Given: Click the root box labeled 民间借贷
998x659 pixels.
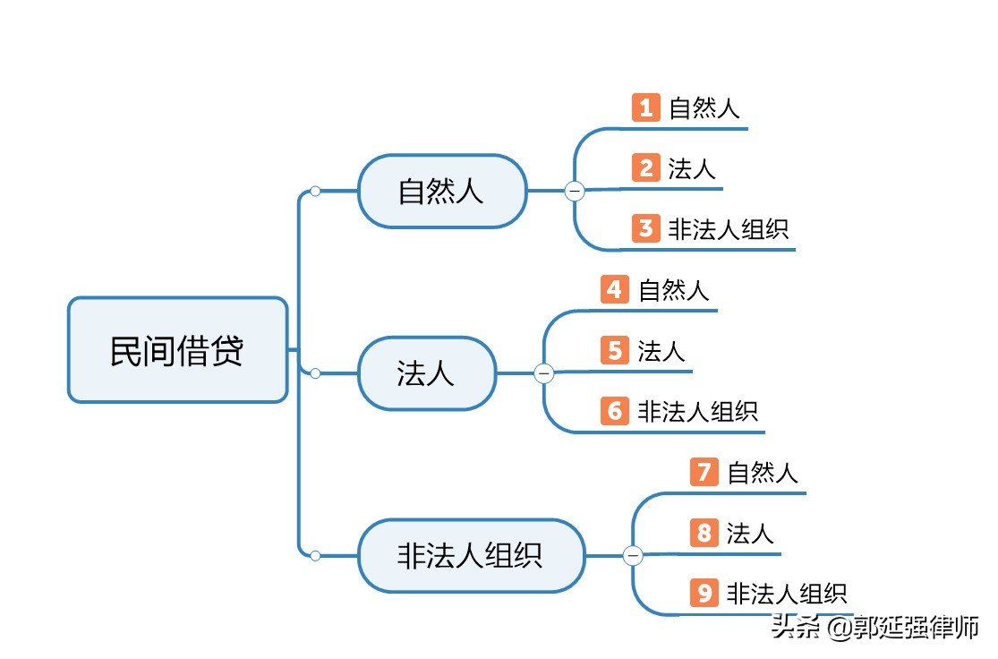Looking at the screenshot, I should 177,349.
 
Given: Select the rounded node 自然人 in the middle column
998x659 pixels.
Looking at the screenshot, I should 442,191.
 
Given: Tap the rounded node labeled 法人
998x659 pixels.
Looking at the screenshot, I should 427,373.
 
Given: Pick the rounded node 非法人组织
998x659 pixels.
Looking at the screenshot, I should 471,555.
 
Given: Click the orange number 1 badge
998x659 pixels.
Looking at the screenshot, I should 645,107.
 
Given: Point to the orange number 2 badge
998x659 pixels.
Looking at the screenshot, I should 645,167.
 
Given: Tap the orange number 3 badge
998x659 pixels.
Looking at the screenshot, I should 645,228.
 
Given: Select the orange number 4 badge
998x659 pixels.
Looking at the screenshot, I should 615,289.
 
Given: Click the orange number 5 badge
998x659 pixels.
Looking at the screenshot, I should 615,350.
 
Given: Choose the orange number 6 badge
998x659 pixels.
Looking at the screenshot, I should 615,411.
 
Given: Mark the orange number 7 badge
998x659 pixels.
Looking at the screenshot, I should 704,472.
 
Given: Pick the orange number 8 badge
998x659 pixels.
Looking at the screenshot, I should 704,533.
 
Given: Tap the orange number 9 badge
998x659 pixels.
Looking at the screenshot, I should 704,593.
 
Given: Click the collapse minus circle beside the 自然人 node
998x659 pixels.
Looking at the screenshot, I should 575,191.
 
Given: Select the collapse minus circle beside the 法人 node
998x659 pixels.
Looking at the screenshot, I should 544,373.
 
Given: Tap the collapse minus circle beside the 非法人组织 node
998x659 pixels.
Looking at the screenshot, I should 634,556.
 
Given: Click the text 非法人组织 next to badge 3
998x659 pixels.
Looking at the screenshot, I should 728,228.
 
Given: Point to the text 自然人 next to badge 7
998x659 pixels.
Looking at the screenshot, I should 763,472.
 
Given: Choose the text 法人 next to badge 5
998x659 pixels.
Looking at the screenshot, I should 661,350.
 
